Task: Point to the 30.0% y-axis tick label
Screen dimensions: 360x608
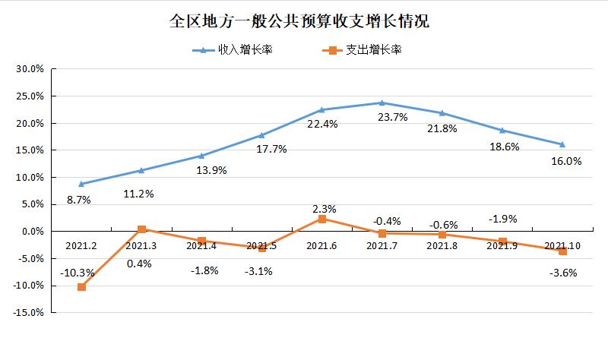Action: pyautogui.click(x=31, y=69)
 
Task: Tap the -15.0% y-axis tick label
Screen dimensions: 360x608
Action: pyautogui.click(x=30, y=312)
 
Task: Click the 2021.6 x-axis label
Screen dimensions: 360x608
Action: pyautogui.click(x=321, y=245)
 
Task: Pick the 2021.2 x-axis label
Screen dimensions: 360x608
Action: pyautogui.click(x=81, y=245)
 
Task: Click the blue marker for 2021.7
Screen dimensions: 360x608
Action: pyautogui.click(x=382, y=103)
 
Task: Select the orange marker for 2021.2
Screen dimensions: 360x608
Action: pyautogui.click(x=81, y=287)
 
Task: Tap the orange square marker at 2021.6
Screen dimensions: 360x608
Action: pyautogui.click(x=321, y=219)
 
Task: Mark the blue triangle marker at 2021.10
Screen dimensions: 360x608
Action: pyautogui.click(x=562, y=144)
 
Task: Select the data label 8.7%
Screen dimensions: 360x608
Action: pyautogui.click(x=79, y=200)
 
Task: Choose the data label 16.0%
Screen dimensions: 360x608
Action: pyautogui.click(x=565, y=161)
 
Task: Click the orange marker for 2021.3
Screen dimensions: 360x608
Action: pyautogui.click(x=141, y=229)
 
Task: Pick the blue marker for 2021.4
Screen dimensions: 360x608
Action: pyautogui.click(x=201, y=156)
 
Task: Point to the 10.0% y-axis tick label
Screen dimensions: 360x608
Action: pyautogui.click(x=31, y=178)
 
